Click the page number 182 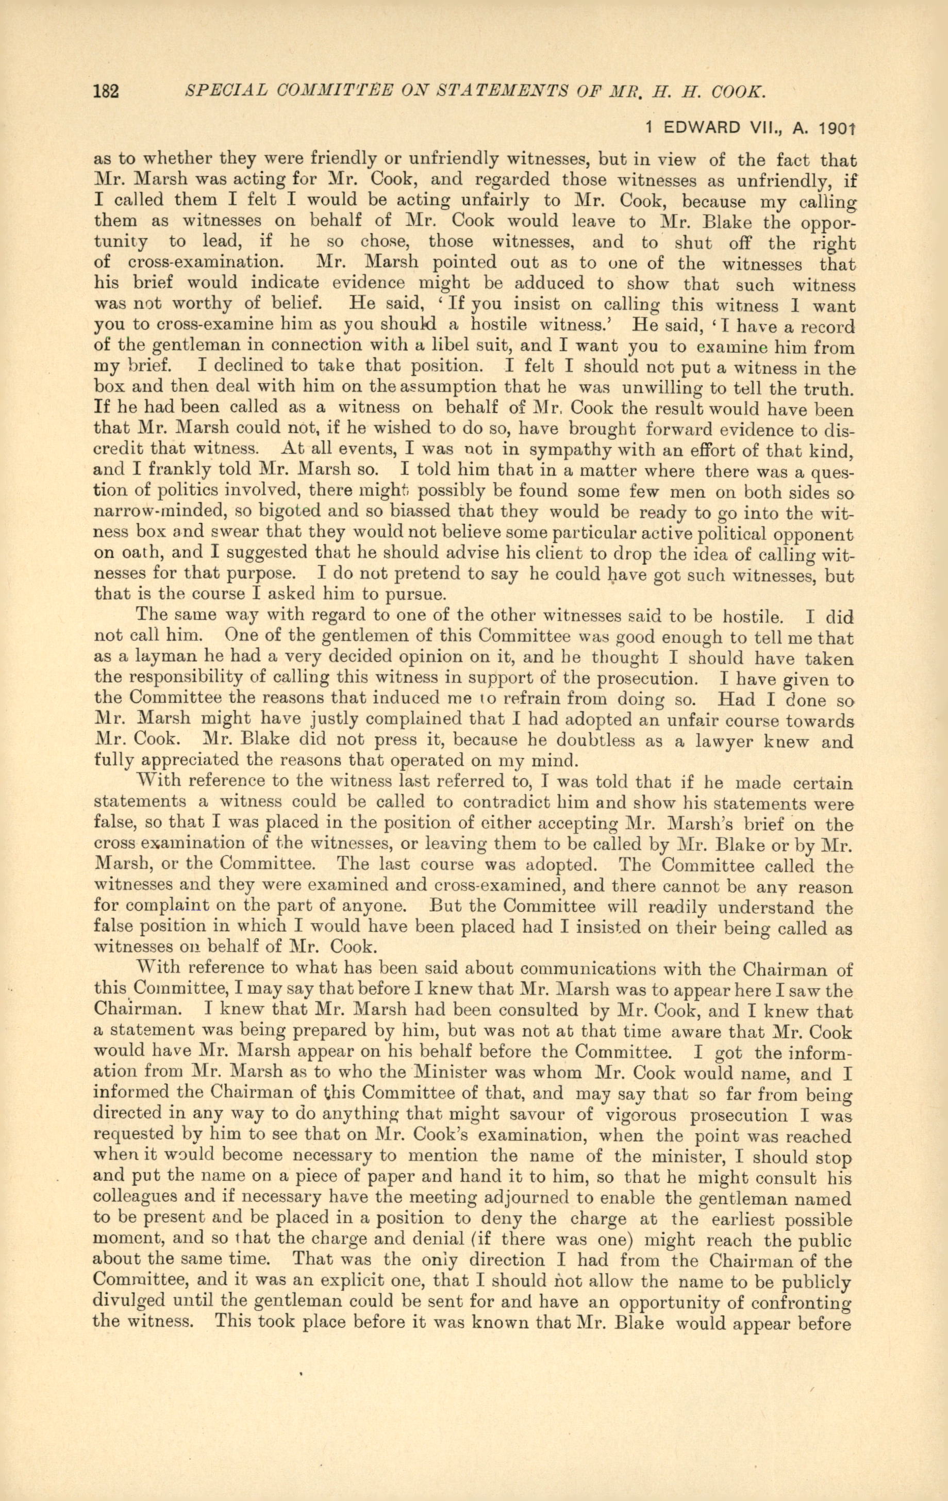coord(106,92)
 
